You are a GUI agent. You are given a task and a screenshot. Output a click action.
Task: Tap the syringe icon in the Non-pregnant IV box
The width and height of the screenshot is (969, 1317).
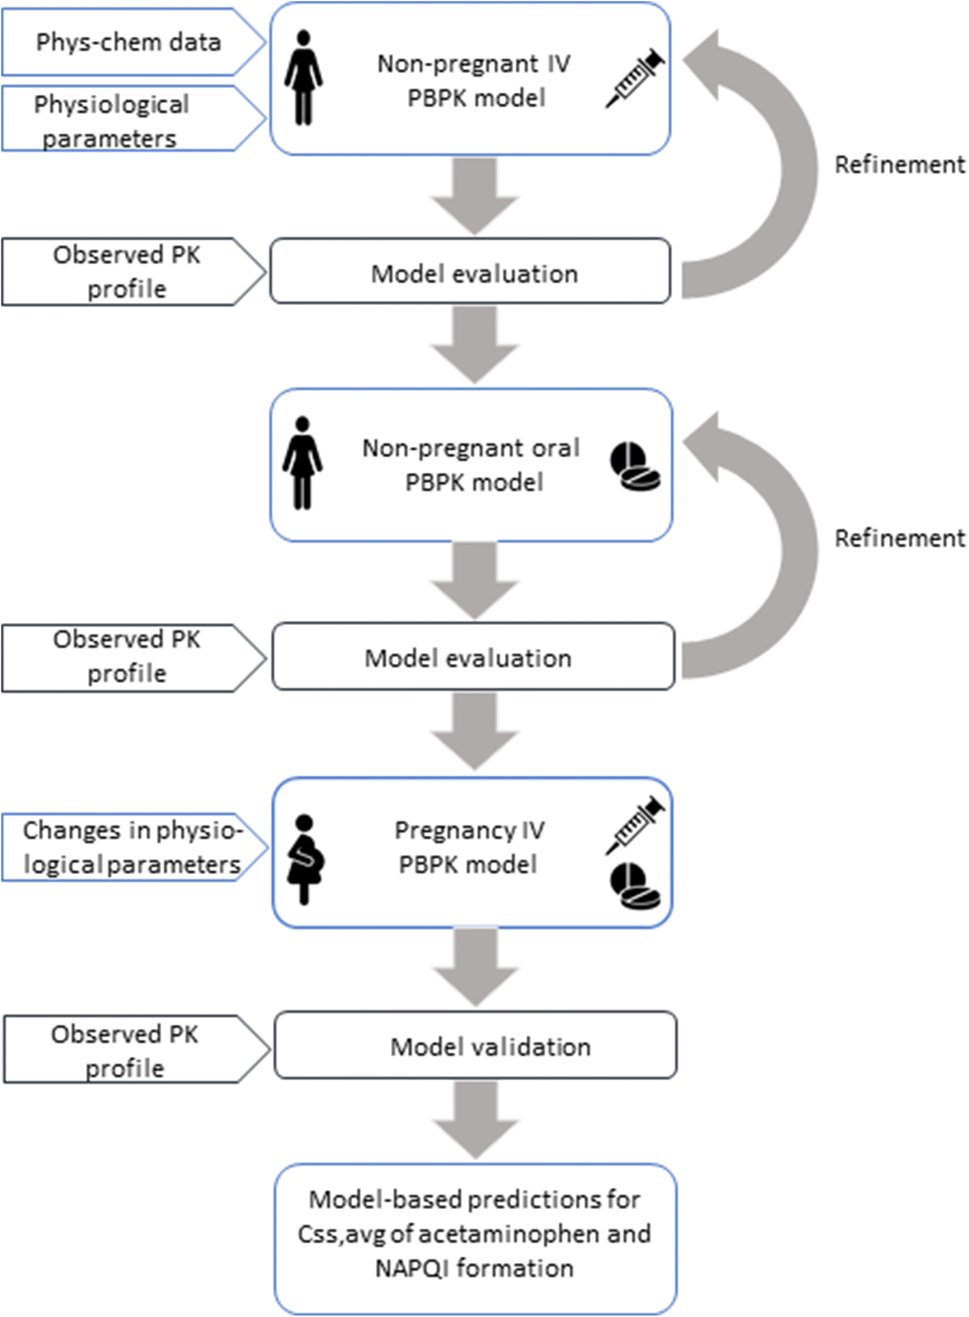635,78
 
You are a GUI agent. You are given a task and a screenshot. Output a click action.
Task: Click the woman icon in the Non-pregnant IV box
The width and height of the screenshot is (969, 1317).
303,78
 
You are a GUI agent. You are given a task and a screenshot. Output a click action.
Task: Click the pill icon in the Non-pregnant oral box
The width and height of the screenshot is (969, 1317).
635,466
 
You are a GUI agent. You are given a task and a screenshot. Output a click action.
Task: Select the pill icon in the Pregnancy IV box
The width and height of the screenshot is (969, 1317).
635,886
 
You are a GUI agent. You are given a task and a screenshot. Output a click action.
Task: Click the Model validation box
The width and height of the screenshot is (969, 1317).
476,1047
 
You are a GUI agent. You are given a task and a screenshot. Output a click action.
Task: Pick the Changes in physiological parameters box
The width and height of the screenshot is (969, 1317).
130,847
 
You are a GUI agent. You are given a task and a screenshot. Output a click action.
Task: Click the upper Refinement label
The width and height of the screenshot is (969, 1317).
899,165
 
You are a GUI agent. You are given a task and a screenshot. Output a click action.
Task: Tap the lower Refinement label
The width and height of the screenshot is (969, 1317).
899,539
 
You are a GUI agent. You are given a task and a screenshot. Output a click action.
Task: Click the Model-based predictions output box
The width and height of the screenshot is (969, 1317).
476,1235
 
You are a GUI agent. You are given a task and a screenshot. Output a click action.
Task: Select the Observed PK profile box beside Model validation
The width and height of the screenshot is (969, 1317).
126,1050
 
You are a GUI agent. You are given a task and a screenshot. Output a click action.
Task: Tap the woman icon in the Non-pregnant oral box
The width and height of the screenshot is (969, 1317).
302,464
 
